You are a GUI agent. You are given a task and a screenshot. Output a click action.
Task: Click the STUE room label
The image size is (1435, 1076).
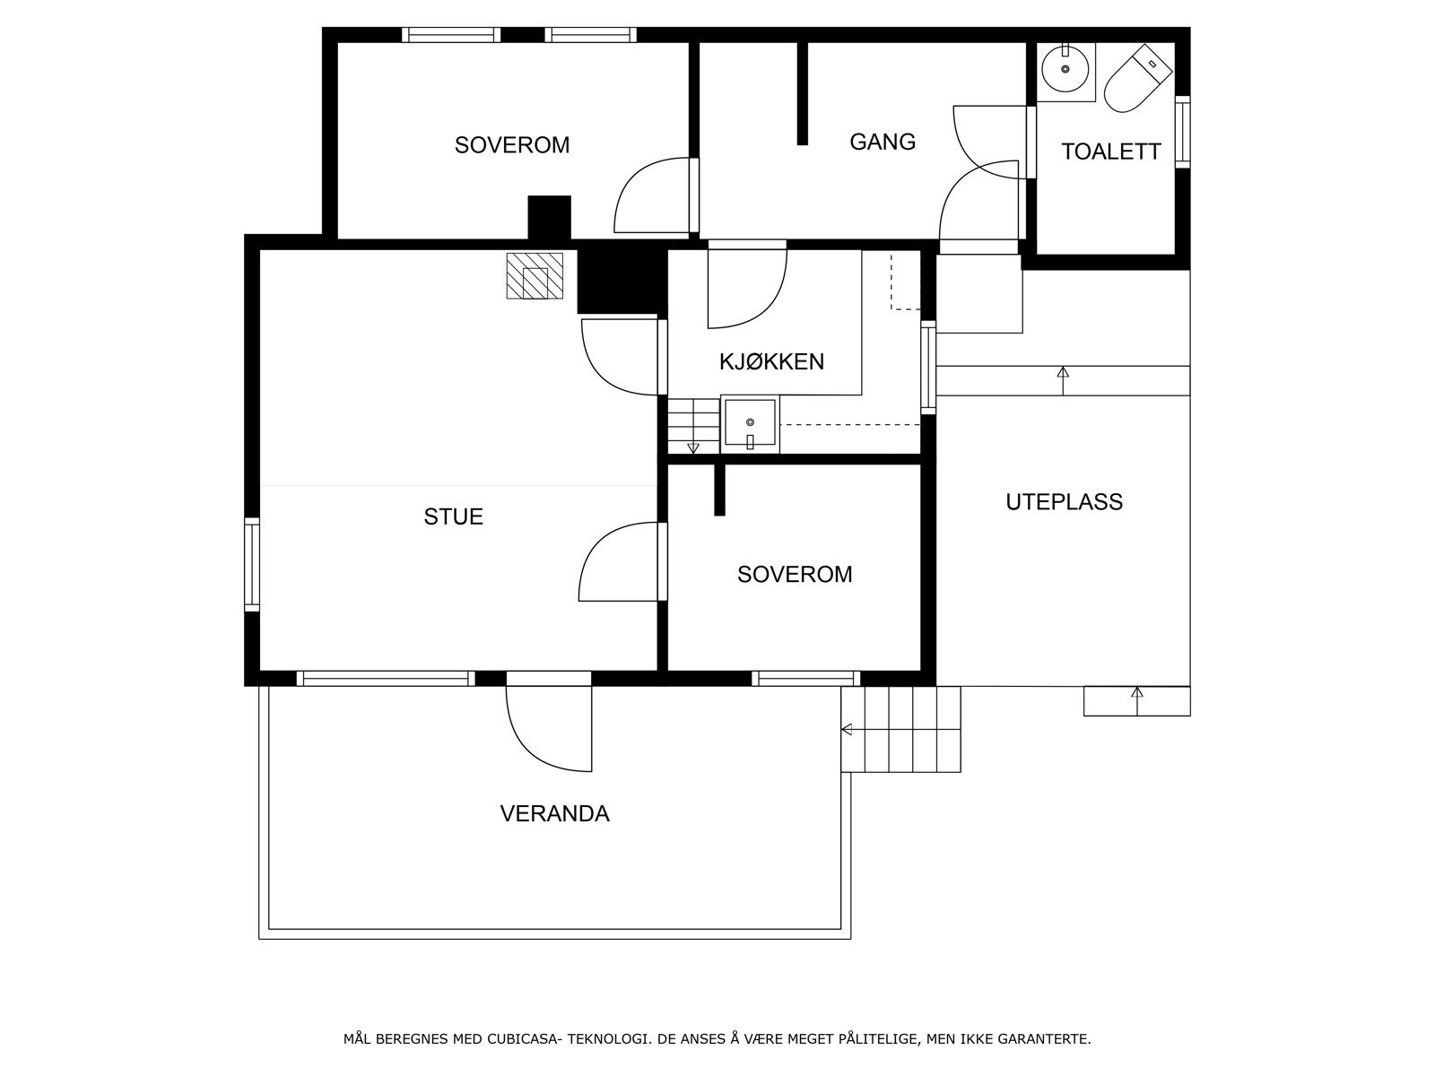coord(453,516)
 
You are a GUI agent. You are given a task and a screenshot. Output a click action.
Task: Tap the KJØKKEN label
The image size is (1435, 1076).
coord(771,362)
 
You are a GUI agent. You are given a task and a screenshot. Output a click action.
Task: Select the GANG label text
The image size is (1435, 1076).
coord(883,142)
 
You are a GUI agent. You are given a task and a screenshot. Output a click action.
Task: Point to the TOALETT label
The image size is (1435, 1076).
coord(1110,152)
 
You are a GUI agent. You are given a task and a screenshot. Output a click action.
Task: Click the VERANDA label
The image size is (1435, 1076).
coord(554,813)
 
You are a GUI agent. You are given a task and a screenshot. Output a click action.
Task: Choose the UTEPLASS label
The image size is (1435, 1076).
coord(1064,502)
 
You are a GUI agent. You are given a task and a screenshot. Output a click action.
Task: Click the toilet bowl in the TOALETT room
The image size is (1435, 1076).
coord(1137,79)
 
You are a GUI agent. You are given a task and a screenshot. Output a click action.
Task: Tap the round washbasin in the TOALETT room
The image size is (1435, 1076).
coord(1065,69)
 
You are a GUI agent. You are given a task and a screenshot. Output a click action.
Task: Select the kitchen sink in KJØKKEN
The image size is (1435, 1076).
coord(750,424)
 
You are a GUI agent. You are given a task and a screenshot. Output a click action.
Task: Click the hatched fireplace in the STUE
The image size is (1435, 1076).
coord(535,275)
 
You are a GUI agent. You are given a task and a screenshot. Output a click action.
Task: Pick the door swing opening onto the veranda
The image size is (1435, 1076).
coord(549,728)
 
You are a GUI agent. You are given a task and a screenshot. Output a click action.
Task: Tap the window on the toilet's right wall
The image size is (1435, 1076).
coord(1182,132)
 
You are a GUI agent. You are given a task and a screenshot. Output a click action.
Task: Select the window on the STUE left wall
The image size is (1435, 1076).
coord(252,565)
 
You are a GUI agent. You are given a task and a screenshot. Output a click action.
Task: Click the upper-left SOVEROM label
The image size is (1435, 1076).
coord(512,145)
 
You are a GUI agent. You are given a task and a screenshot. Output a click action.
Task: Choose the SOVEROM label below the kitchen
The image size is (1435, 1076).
coord(795,574)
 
